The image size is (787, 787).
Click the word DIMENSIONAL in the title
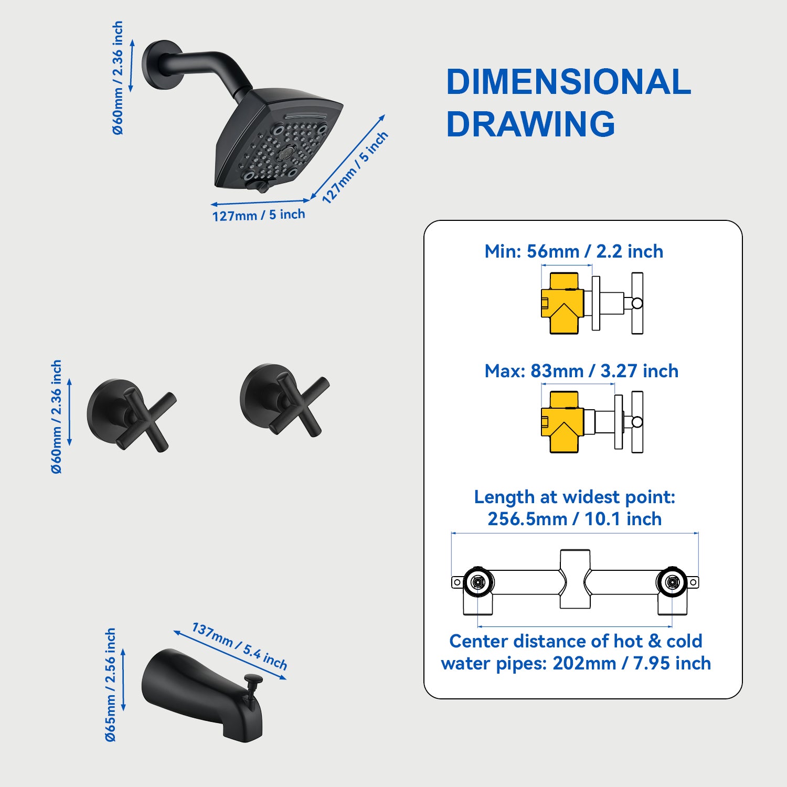point(568,82)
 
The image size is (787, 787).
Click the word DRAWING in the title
point(530,124)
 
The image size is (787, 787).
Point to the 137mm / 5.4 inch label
point(239,646)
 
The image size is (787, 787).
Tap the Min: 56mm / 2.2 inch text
point(573,251)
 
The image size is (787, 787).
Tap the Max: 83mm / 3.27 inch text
point(581,371)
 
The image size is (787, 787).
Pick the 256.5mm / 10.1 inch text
point(575,519)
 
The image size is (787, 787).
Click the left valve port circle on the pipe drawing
point(477,582)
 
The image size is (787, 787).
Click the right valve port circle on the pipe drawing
point(672,582)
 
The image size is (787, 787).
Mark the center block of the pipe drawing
point(575,579)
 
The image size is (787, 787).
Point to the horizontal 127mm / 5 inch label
point(258,215)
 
